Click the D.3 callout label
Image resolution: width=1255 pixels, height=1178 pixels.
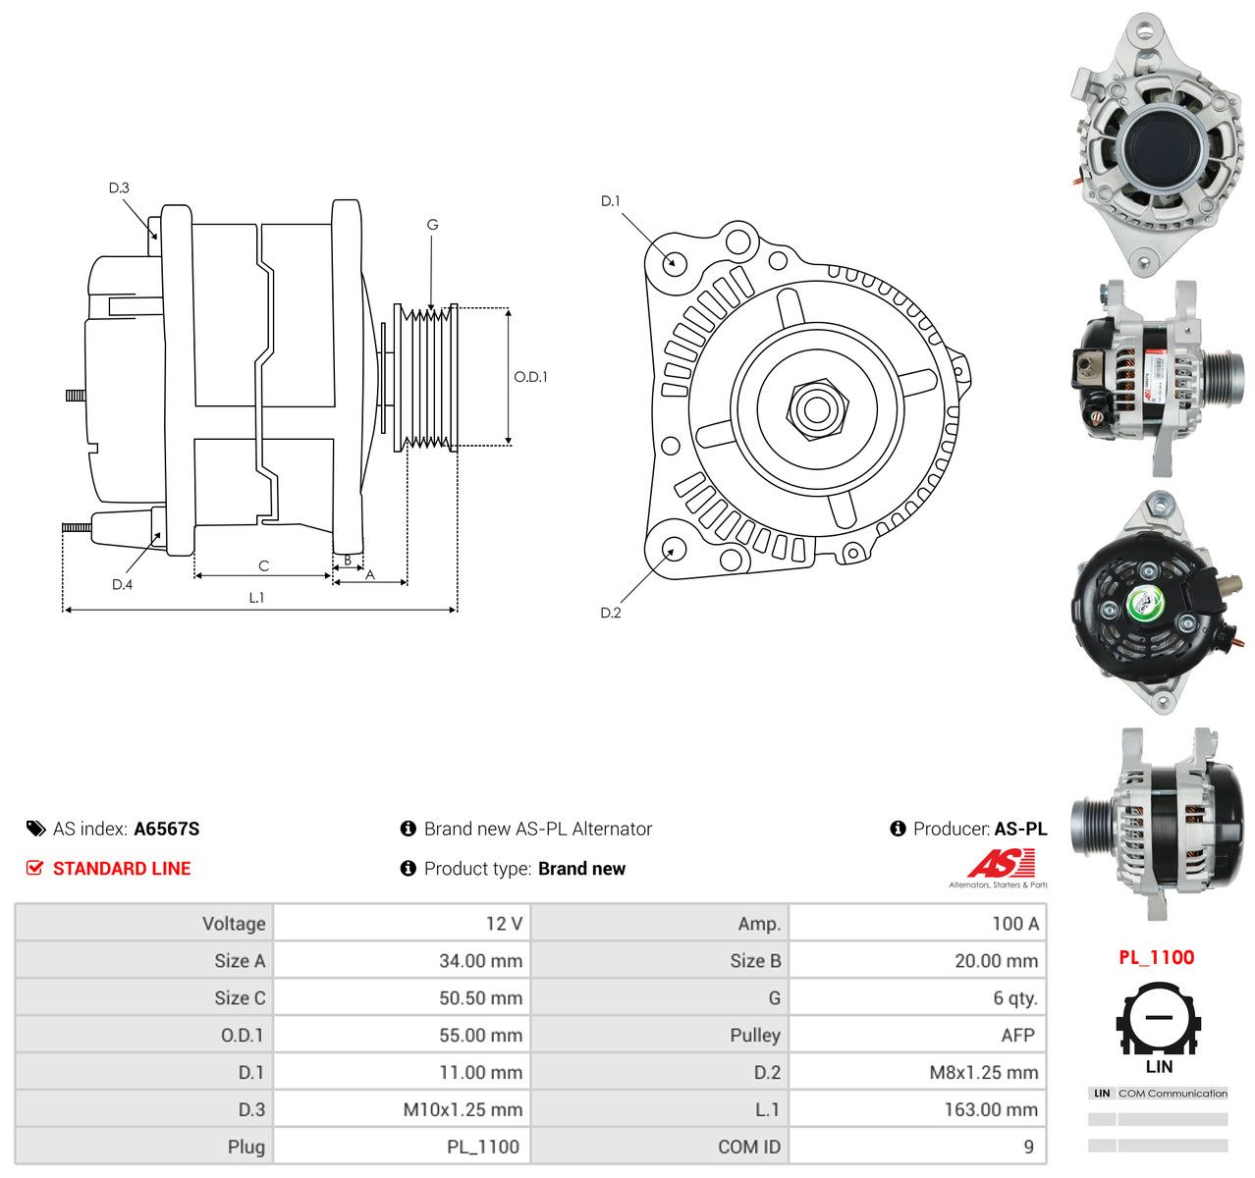pos(119,187)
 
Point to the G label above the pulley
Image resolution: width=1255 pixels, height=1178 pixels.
pos(432,225)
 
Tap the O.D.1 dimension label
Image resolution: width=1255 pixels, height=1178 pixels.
pos(530,377)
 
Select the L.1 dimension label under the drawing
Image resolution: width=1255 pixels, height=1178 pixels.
pos(256,597)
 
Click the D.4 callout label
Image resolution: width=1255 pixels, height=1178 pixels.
pos(122,584)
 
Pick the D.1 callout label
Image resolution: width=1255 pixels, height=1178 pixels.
pos(610,201)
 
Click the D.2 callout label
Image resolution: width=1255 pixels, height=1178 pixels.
pos(611,613)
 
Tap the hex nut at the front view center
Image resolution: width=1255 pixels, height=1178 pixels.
pos(817,410)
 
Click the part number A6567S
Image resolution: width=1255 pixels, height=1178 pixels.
pos(166,829)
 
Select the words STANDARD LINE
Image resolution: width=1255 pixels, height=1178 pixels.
pos(122,869)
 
